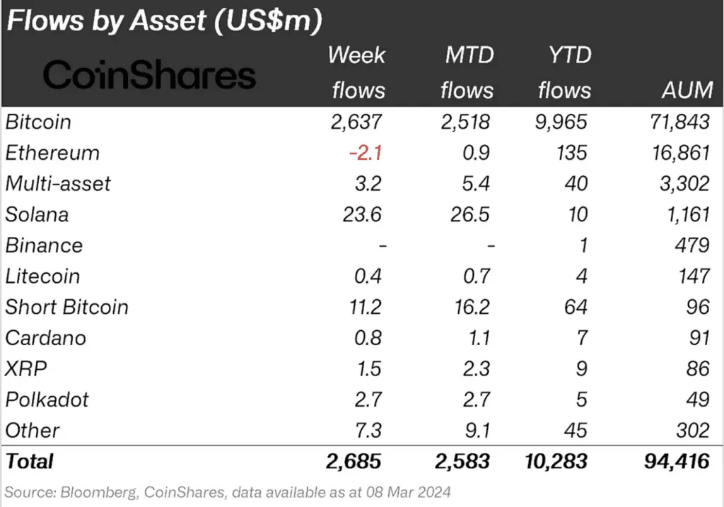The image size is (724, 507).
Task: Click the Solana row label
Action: click(37, 214)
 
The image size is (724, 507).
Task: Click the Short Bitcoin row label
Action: click(66, 307)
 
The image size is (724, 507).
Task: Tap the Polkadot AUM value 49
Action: click(696, 399)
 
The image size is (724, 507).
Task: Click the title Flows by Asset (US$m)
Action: click(164, 21)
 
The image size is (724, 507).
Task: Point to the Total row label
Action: click(29, 461)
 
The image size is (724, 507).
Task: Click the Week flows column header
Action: click(358, 73)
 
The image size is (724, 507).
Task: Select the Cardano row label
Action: click(45, 337)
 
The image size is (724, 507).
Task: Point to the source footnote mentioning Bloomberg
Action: click(228, 491)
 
